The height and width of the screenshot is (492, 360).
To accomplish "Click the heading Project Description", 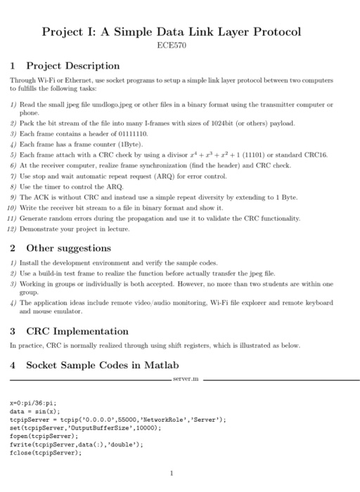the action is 73,66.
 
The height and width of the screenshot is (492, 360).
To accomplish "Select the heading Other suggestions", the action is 68,248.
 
